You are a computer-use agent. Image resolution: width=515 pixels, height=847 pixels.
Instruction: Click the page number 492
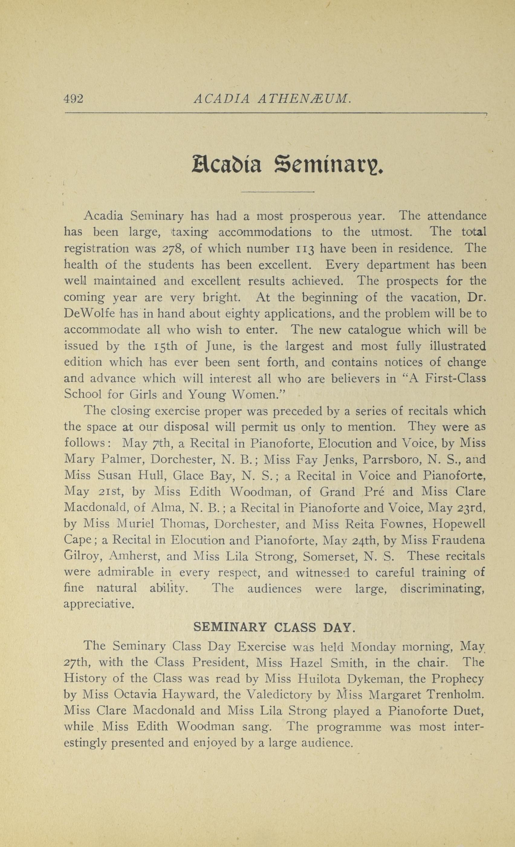[73, 99]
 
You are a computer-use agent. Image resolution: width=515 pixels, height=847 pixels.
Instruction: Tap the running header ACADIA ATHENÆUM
[272, 99]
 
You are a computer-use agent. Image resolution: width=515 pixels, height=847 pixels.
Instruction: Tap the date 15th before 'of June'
[166, 346]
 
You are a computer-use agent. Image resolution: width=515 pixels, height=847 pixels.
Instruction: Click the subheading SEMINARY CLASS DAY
[273, 628]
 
